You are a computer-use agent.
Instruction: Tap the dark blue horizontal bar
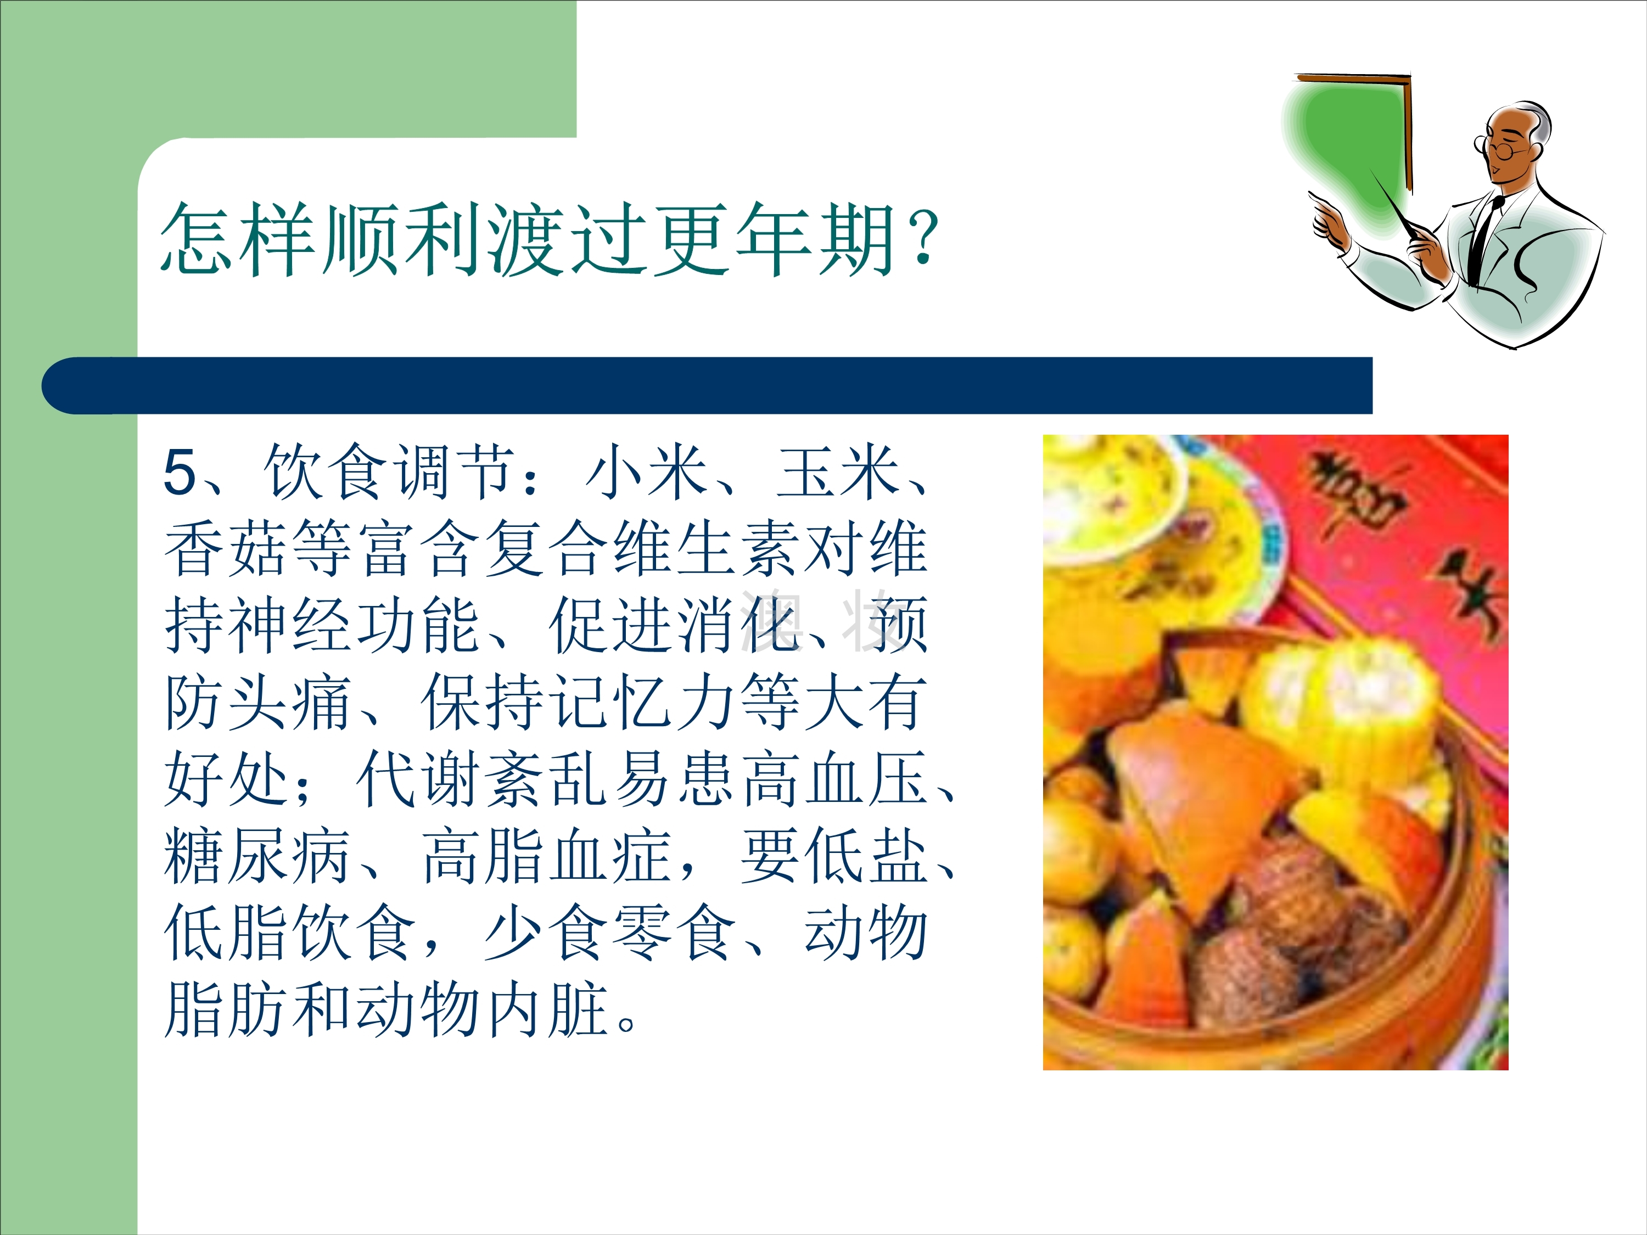(707, 386)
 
